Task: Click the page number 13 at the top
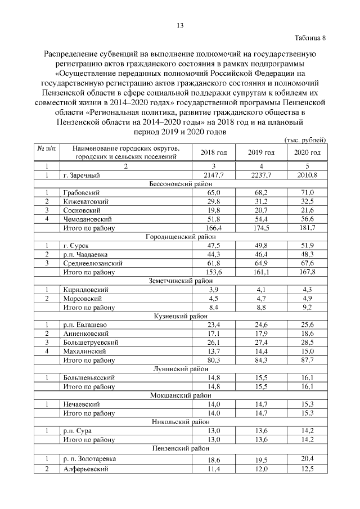[180, 25]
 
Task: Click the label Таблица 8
[309, 38]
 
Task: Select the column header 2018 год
[214, 152]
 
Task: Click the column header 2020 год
[308, 152]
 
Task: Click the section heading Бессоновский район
[180, 184]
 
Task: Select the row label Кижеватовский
[86, 201]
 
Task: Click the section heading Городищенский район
[180, 237]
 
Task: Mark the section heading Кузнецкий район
[180, 316]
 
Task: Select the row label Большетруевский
[91, 342]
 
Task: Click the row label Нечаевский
[82, 404]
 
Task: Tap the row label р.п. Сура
[78, 430]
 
